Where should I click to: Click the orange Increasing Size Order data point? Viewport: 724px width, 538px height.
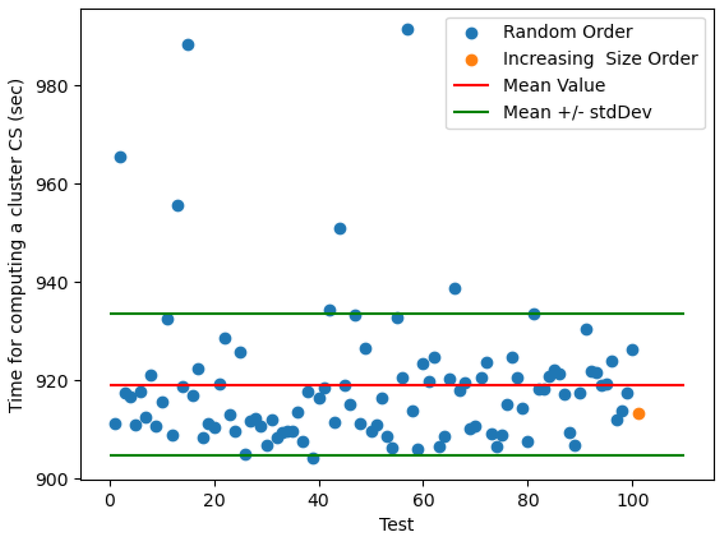(x=638, y=414)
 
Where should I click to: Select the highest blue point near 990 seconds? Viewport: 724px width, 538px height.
(x=408, y=30)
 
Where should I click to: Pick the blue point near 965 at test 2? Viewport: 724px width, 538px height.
(x=120, y=157)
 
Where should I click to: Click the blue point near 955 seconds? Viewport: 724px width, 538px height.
(x=178, y=206)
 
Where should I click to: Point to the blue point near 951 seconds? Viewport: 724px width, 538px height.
(x=340, y=229)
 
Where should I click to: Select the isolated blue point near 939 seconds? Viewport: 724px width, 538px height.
(x=455, y=288)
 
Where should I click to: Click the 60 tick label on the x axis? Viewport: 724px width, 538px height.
(x=423, y=500)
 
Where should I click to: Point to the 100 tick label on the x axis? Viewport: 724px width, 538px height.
(x=632, y=500)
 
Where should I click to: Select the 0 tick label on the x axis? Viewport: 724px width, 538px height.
(x=110, y=500)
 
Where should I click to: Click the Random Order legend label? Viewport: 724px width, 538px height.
(x=567, y=32)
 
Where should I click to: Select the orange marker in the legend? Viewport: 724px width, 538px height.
(x=471, y=60)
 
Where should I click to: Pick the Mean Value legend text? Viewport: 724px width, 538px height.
(x=554, y=85)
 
